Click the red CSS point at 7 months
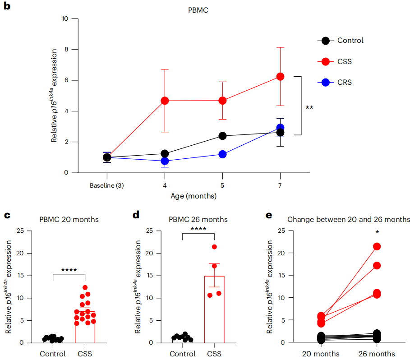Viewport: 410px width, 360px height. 280,77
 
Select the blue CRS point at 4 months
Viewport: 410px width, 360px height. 165,161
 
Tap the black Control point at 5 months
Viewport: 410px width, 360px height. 222,136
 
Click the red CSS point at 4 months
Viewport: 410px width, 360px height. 165,101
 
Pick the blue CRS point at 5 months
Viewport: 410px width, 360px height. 222,154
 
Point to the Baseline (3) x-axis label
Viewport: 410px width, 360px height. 107,185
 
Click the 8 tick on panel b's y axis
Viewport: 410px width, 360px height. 66,50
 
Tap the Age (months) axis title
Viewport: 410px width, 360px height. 193,196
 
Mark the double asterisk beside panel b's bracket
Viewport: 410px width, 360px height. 309,108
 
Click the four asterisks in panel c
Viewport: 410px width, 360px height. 69,270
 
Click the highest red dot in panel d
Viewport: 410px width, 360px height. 214,247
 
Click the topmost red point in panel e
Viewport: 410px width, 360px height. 377,246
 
